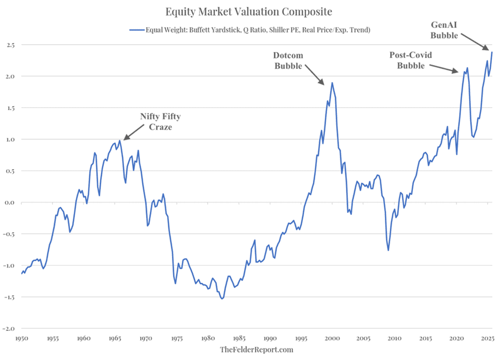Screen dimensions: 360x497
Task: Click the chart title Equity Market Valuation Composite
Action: click(248, 11)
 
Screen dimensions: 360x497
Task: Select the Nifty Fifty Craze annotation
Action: click(160, 122)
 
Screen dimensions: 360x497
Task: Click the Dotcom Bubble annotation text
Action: click(289, 60)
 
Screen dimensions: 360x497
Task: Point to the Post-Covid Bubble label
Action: click(411, 60)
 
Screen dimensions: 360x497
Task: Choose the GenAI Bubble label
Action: click(445, 30)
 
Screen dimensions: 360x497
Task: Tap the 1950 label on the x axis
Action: click(21, 338)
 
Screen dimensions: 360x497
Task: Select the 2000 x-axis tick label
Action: click(332, 338)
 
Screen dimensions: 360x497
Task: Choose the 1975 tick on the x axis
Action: click(177, 338)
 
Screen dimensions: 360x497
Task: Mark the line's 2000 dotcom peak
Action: click(332, 83)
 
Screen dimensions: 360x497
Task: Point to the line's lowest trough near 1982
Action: click(222, 299)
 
